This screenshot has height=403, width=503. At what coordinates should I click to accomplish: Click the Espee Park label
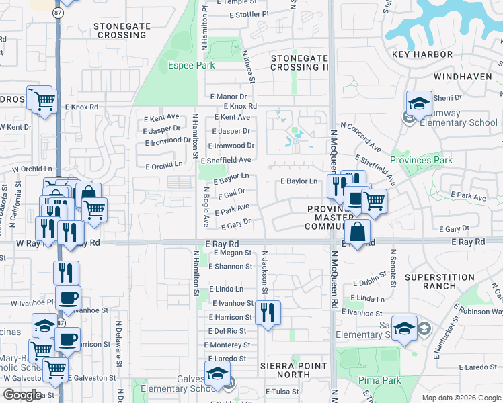[x=191, y=65]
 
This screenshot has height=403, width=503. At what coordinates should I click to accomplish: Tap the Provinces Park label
[x=422, y=160]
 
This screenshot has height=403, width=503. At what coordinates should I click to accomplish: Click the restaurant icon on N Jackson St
[x=268, y=312]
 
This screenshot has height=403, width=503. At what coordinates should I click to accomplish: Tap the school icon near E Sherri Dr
[x=419, y=104]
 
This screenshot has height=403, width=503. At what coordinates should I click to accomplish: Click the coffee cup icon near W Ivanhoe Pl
[x=67, y=298]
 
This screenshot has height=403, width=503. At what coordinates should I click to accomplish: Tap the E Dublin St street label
[x=371, y=283]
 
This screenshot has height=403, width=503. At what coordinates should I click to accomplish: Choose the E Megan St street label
[x=232, y=253]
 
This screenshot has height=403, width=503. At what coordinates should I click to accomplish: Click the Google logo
[x=22, y=395]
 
